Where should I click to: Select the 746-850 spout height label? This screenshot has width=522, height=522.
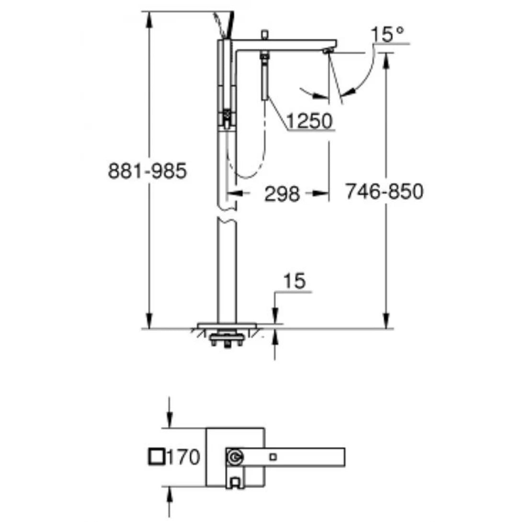click(x=385, y=193)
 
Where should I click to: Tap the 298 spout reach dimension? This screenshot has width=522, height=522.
click(x=282, y=194)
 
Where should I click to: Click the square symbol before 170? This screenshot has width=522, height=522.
click(x=157, y=457)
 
